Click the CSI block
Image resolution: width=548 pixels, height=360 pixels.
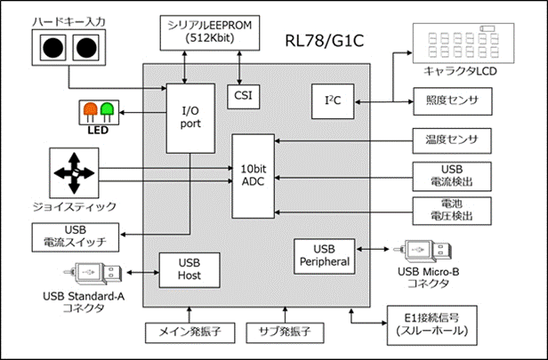tap(240, 93)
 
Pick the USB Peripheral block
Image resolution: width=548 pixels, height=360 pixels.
tap(324, 255)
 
